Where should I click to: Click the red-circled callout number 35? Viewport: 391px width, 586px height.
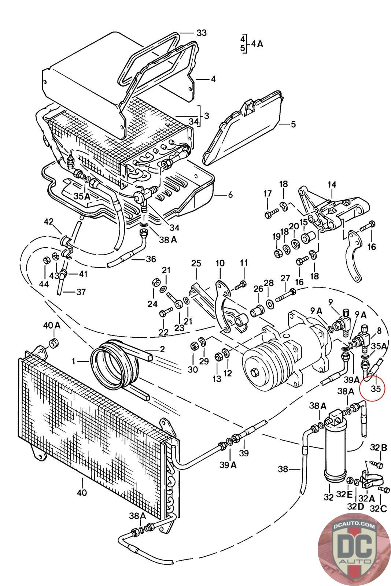375,389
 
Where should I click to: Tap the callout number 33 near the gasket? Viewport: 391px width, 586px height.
201,33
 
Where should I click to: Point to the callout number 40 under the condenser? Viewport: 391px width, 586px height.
82,493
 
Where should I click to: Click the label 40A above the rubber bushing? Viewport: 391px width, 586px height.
52,326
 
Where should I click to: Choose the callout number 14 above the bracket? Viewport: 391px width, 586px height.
332,185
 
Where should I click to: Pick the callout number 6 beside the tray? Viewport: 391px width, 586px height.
230,194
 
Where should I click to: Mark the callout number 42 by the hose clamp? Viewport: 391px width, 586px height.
49,222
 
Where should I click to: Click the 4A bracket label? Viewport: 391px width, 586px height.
257,44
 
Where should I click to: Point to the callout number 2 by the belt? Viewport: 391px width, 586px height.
162,349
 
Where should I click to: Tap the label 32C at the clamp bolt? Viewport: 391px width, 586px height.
378,509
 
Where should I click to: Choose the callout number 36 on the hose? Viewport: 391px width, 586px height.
151,259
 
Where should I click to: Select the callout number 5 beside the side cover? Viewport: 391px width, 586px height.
293,124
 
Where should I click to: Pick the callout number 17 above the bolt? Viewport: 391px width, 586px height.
268,194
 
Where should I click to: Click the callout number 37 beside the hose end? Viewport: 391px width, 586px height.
81,292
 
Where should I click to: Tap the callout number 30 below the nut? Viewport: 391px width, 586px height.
193,370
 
